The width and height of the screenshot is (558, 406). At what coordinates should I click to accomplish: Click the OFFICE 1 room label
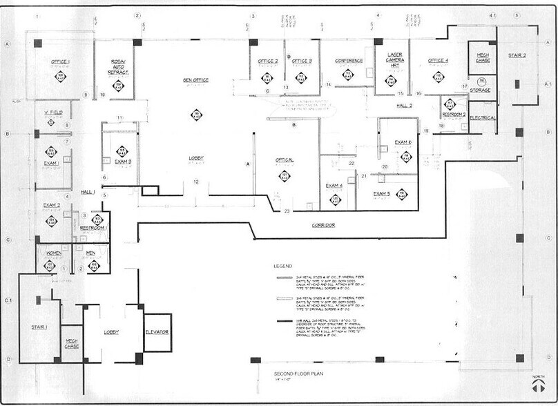click(x=60, y=61)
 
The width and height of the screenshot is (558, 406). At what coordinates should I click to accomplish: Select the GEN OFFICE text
click(x=195, y=80)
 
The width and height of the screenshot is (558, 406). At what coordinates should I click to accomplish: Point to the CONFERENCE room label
click(x=349, y=61)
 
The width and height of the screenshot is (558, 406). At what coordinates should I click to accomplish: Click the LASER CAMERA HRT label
click(x=395, y=59)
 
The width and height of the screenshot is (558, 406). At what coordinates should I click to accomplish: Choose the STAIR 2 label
click(x=517, y=55)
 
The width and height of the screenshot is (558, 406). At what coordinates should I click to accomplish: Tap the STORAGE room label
click(x=481, y=90)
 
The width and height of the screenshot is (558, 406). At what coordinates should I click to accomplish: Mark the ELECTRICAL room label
click(x=483, y=117)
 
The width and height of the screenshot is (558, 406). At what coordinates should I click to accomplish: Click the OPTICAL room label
click(x=285, y=160)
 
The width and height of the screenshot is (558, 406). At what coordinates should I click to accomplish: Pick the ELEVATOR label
click(x=157, y=332)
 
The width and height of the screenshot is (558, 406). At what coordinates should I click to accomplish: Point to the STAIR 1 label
click(x=39, y=326)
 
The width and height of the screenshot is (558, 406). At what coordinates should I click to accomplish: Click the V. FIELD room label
click(x=54, y=112)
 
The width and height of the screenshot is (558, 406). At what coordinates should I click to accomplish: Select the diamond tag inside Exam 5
click(x=402, y=194)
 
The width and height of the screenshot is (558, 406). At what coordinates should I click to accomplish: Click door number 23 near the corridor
click(x=287, y=211)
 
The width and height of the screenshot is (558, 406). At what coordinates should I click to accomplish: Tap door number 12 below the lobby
click(x=196, y=182)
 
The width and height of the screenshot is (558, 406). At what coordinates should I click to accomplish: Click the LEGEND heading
click(x=282, y=266)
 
